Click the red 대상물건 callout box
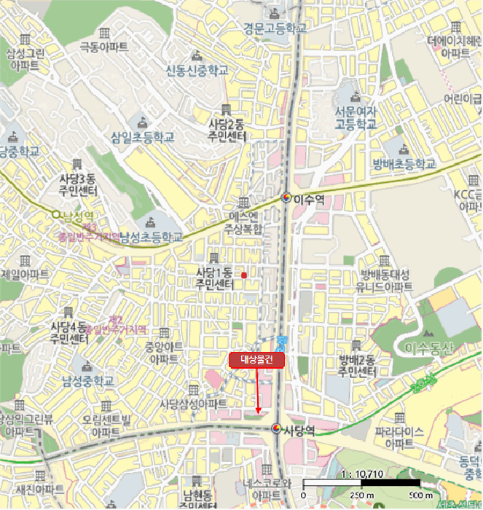pos(256,359)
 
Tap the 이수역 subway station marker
pos(288,197)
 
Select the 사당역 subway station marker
pos(277,429)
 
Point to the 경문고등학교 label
pos(275,28)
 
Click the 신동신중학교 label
pos(197,71)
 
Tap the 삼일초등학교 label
pos(144,136)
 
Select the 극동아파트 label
pos(104,47)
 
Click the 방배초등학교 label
pos(403,162)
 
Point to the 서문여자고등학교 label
pos(356,118)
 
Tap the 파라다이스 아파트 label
pos(398,437)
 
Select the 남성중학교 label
pos(88,381)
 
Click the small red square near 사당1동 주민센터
pos(244,275)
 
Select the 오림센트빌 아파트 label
pos(106,425)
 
